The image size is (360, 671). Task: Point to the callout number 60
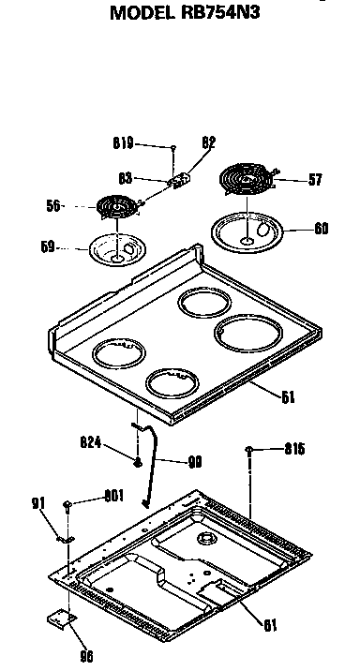point(320,227)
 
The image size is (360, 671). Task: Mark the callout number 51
point(288,396)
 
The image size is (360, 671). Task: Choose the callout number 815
point(296,451)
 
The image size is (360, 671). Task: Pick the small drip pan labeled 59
point(115,249)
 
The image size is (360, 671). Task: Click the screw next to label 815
point(250,451)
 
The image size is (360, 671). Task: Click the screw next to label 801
point(68,506)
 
